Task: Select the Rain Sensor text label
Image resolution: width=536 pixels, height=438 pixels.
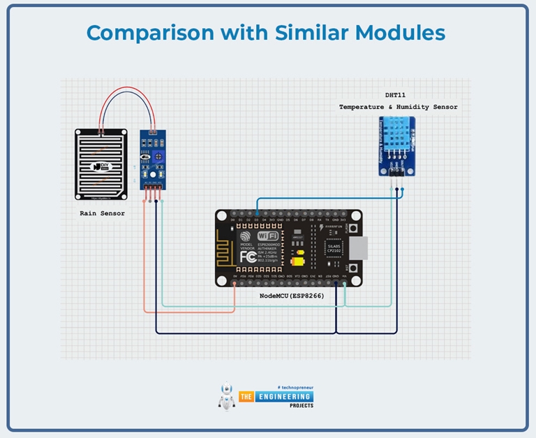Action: [x=103, y=213]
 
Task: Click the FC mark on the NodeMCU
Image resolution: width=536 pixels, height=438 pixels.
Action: [x=249, y=256]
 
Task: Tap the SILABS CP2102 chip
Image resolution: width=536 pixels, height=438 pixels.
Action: [x=335, y=249]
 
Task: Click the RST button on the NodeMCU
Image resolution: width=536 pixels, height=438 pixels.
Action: [x=355, y=268]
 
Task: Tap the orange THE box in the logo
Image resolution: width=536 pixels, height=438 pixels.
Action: [x=246, y=397]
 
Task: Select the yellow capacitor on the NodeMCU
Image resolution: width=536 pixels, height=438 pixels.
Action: [x=297, y=263]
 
